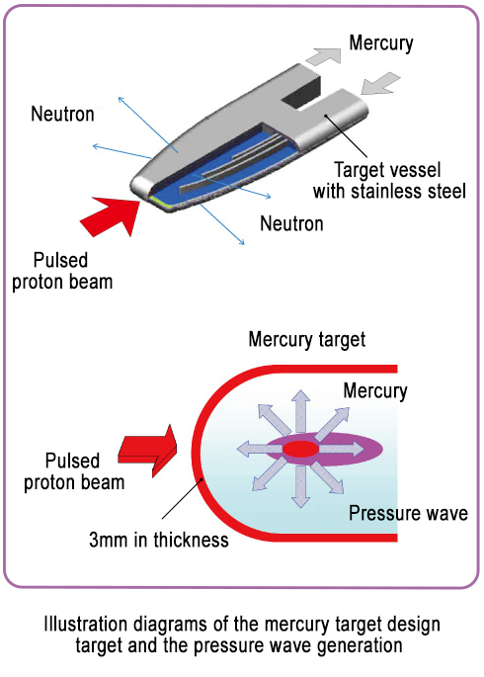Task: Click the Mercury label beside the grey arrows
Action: click(381, 43)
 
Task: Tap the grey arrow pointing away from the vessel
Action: click(324, 56)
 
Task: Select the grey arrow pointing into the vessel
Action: click(379, 83)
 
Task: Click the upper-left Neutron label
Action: click(62, 114)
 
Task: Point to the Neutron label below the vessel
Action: click(291, 223)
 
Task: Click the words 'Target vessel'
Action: click(387, 170)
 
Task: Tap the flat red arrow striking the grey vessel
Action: click(113, 215)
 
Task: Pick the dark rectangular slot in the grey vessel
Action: click(302, 92)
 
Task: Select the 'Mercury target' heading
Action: click(307, 339)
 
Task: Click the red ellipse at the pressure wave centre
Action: click(300, 449)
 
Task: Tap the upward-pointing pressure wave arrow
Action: click(300, 411)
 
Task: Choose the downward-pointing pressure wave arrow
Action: click(300, 486)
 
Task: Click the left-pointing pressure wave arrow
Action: click(260, 449)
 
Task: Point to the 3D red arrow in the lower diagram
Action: click(148, 451)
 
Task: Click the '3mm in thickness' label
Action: click(159, 541)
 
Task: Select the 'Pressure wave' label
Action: click(408, 513)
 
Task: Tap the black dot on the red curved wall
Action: click(201, 479)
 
